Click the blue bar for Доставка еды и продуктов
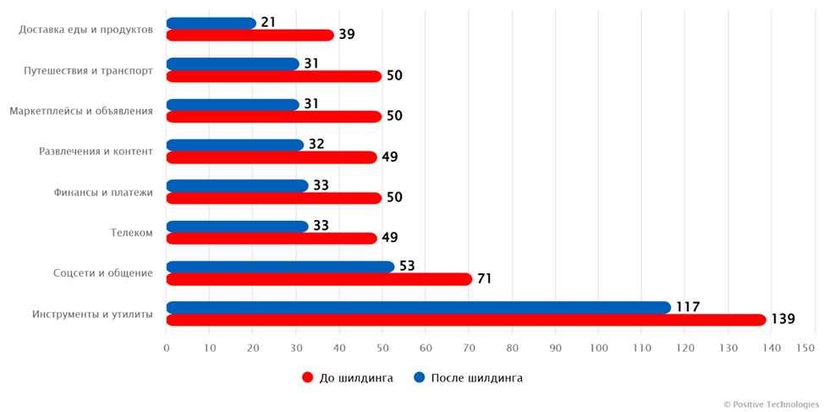[x=211, y=24]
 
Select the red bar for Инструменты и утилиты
[x=465, y=320]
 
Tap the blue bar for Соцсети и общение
[x=280, y=267]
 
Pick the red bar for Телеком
[x=271, y=239]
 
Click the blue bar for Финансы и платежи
[x=237, y=186]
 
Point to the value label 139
[x=783, y=319]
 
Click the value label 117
[x=687, y=307]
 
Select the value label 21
[x=268, y=23]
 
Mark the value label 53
[x=407, y=266]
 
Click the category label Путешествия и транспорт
[x=88, y=70]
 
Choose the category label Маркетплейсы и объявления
[x=81, y=111]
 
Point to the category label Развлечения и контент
[x=96, y=151]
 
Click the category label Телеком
[x=131, y=233]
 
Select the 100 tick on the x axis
[x=599, y=348]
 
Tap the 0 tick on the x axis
[x=167, y=348]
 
